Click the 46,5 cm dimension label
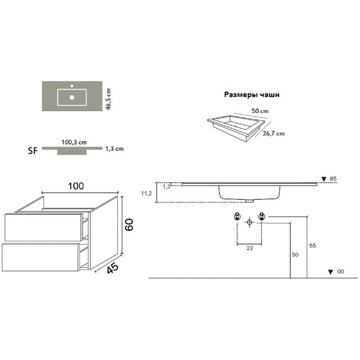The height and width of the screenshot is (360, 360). (109, 99)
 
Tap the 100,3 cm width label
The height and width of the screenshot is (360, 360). (74, 142)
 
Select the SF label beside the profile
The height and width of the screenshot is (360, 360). (33, 151)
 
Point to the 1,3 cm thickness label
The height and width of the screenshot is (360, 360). (114, 149)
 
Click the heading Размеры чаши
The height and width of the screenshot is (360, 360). (252, 94)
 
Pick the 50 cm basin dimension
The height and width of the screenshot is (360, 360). (260, 111)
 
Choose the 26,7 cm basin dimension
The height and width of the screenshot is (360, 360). (274, 133)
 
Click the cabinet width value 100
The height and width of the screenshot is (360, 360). (76, 186)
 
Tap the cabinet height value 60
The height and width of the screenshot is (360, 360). (129, 225)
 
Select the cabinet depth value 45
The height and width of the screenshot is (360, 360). (113, 268)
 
